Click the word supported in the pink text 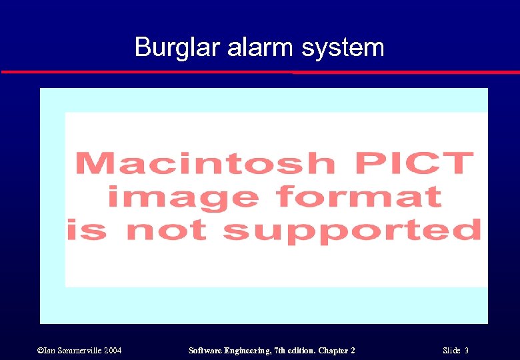click(351, 231)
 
